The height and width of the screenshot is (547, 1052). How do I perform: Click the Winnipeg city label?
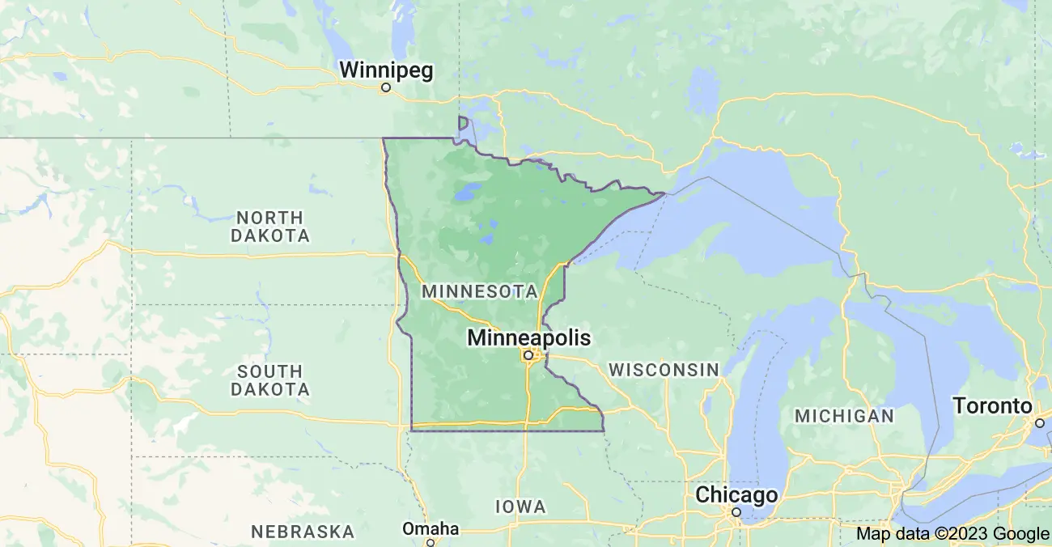(x=386, y=70)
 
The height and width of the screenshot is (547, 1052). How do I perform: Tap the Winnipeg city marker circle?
(x=386, y=87)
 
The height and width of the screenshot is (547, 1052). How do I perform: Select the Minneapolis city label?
(x=528, y=337)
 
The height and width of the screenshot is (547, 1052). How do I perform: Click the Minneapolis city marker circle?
(x=528, y=354)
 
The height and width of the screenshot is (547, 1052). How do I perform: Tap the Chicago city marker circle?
(x=736, y=512)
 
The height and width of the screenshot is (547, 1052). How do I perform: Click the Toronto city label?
(x=992, y=405)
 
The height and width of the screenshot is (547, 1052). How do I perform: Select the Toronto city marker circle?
(x=1039, y=422)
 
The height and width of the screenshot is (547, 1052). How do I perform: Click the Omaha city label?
(x=431, y=529)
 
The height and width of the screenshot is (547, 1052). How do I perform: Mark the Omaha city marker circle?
(x=431, y=543)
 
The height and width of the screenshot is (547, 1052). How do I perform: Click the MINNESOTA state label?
(x=480, y=291)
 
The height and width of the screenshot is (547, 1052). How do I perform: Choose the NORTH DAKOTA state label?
(x=270, y=227)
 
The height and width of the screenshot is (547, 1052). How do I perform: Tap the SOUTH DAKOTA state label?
(x=270, y=380)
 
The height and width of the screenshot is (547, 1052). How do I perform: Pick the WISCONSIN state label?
(x=664, y=370)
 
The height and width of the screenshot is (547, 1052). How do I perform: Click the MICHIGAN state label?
(x=844, y=416)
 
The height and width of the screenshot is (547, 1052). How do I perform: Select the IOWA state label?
(x=520, y=507)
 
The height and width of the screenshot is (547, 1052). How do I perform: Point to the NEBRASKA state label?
(x=303, y=532)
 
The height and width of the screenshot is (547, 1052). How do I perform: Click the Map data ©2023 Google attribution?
(x=952, y=533)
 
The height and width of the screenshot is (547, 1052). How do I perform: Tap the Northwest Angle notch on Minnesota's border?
(x=463, y=123)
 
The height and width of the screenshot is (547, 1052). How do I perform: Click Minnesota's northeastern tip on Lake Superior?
(x=664, y=193)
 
